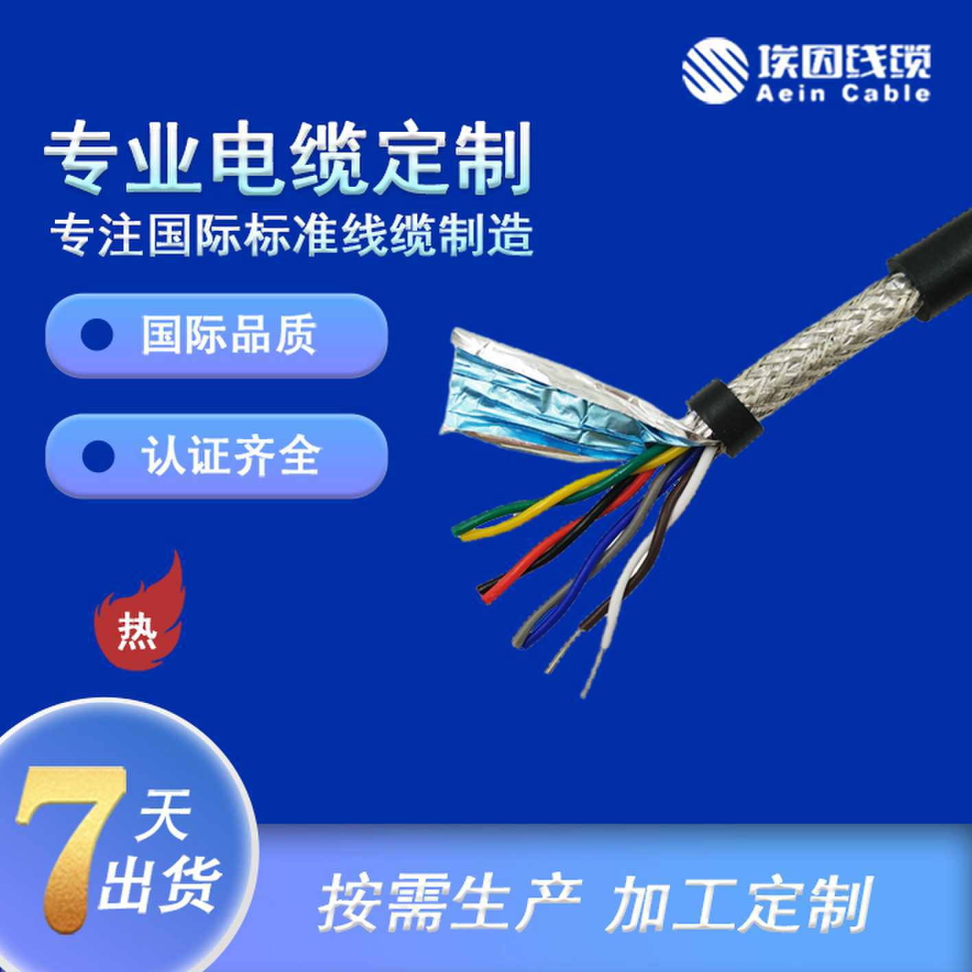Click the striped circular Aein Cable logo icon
715,71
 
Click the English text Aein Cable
842,93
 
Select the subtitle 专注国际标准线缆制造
292,235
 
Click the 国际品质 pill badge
216,335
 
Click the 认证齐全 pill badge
216,456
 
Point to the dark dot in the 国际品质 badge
97,335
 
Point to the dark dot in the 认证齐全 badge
97,456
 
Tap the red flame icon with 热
141,614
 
